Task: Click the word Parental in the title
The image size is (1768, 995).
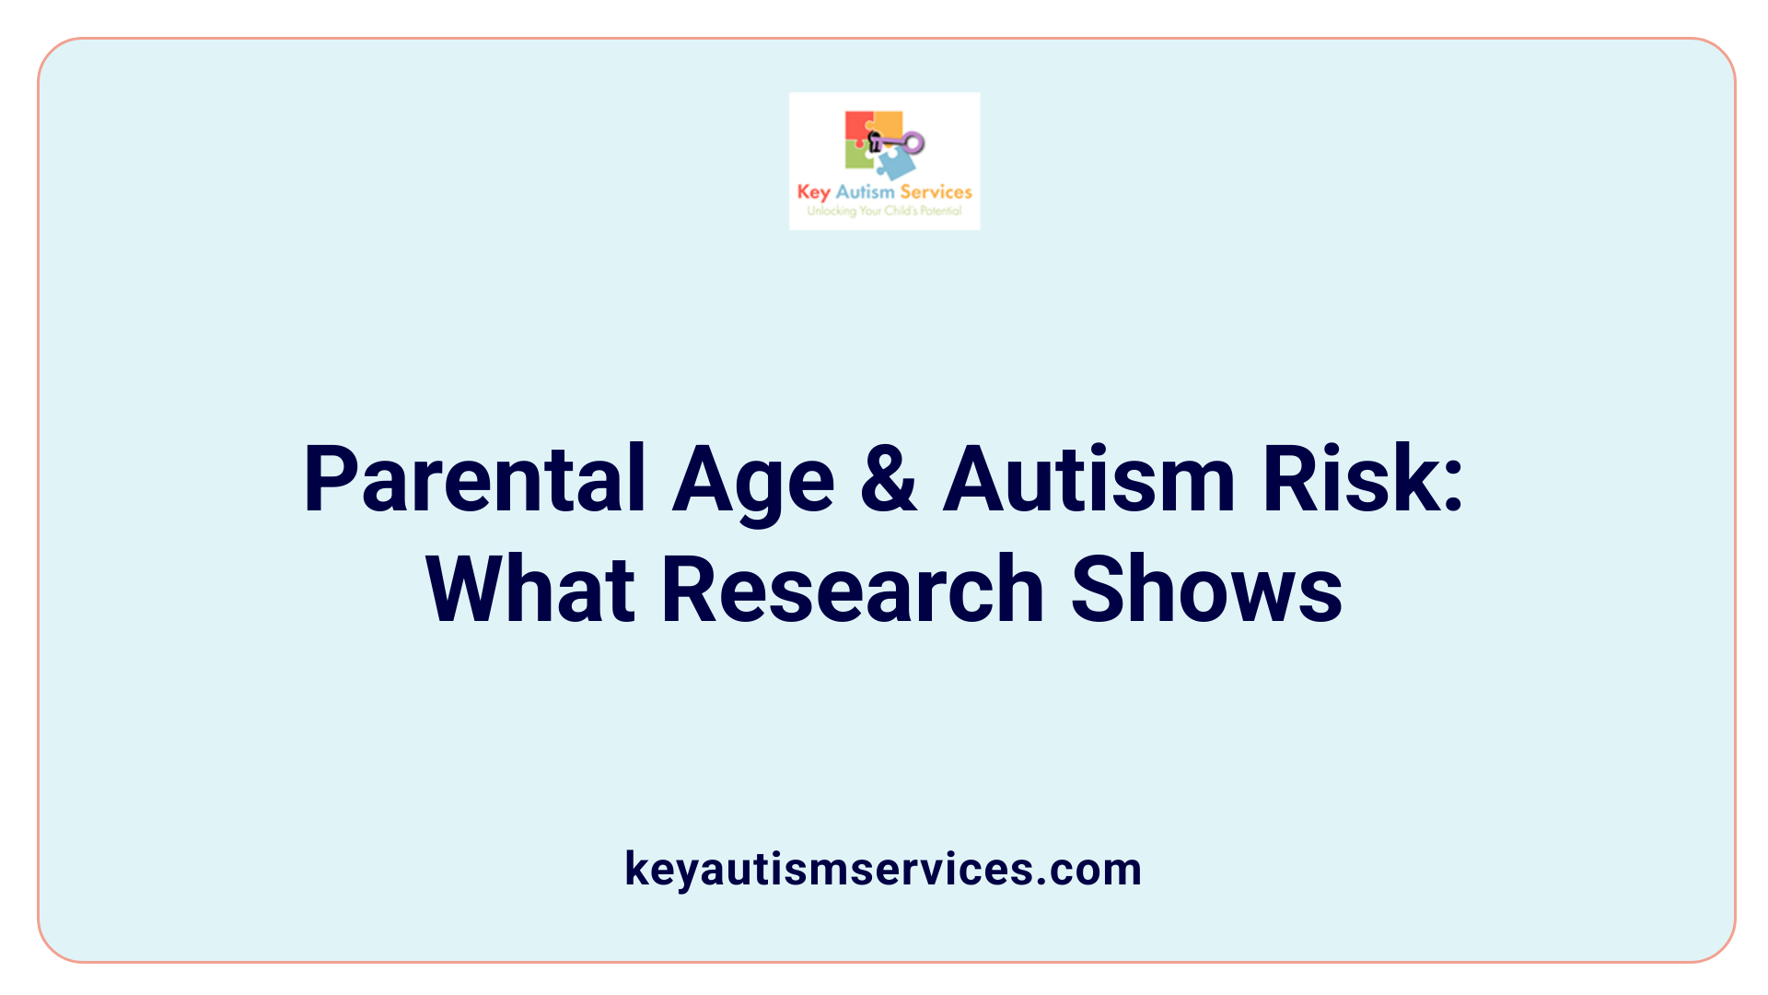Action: pyautogui.click(x=474, y=479)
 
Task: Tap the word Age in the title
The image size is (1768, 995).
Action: pyautogui.click(x=753, y=481)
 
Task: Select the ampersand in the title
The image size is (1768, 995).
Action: pyautogui.click(x=889, y=479)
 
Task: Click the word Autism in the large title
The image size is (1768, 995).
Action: pyautogui.click(x=1088, y=479)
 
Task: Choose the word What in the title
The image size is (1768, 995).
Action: pyautogui.click(x=530, y=590)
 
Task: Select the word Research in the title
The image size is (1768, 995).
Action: pyautogui.click(x=853, y=590)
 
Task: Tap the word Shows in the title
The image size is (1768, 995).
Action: pyautogui.click(x=1206, y=590)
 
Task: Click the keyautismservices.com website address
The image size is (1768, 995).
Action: pyautogui.click(x=883, y=869)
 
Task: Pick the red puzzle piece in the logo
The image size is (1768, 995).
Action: pyautogui.click(x=857, y=126)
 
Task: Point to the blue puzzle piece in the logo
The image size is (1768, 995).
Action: pyautogui.click(x=896, y=163)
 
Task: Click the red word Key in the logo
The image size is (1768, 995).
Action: pyautogui.click(x=814, y=193)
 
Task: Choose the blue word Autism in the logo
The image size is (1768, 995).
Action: pyautogui.click(x=865, y=192)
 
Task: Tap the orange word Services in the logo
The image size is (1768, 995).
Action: pyautogui.click(x=936, y=192)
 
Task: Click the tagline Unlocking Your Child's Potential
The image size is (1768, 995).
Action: pyautogui.click(x=884, y=211)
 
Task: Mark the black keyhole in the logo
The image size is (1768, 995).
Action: pyautogui.click(x=875, y=141)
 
